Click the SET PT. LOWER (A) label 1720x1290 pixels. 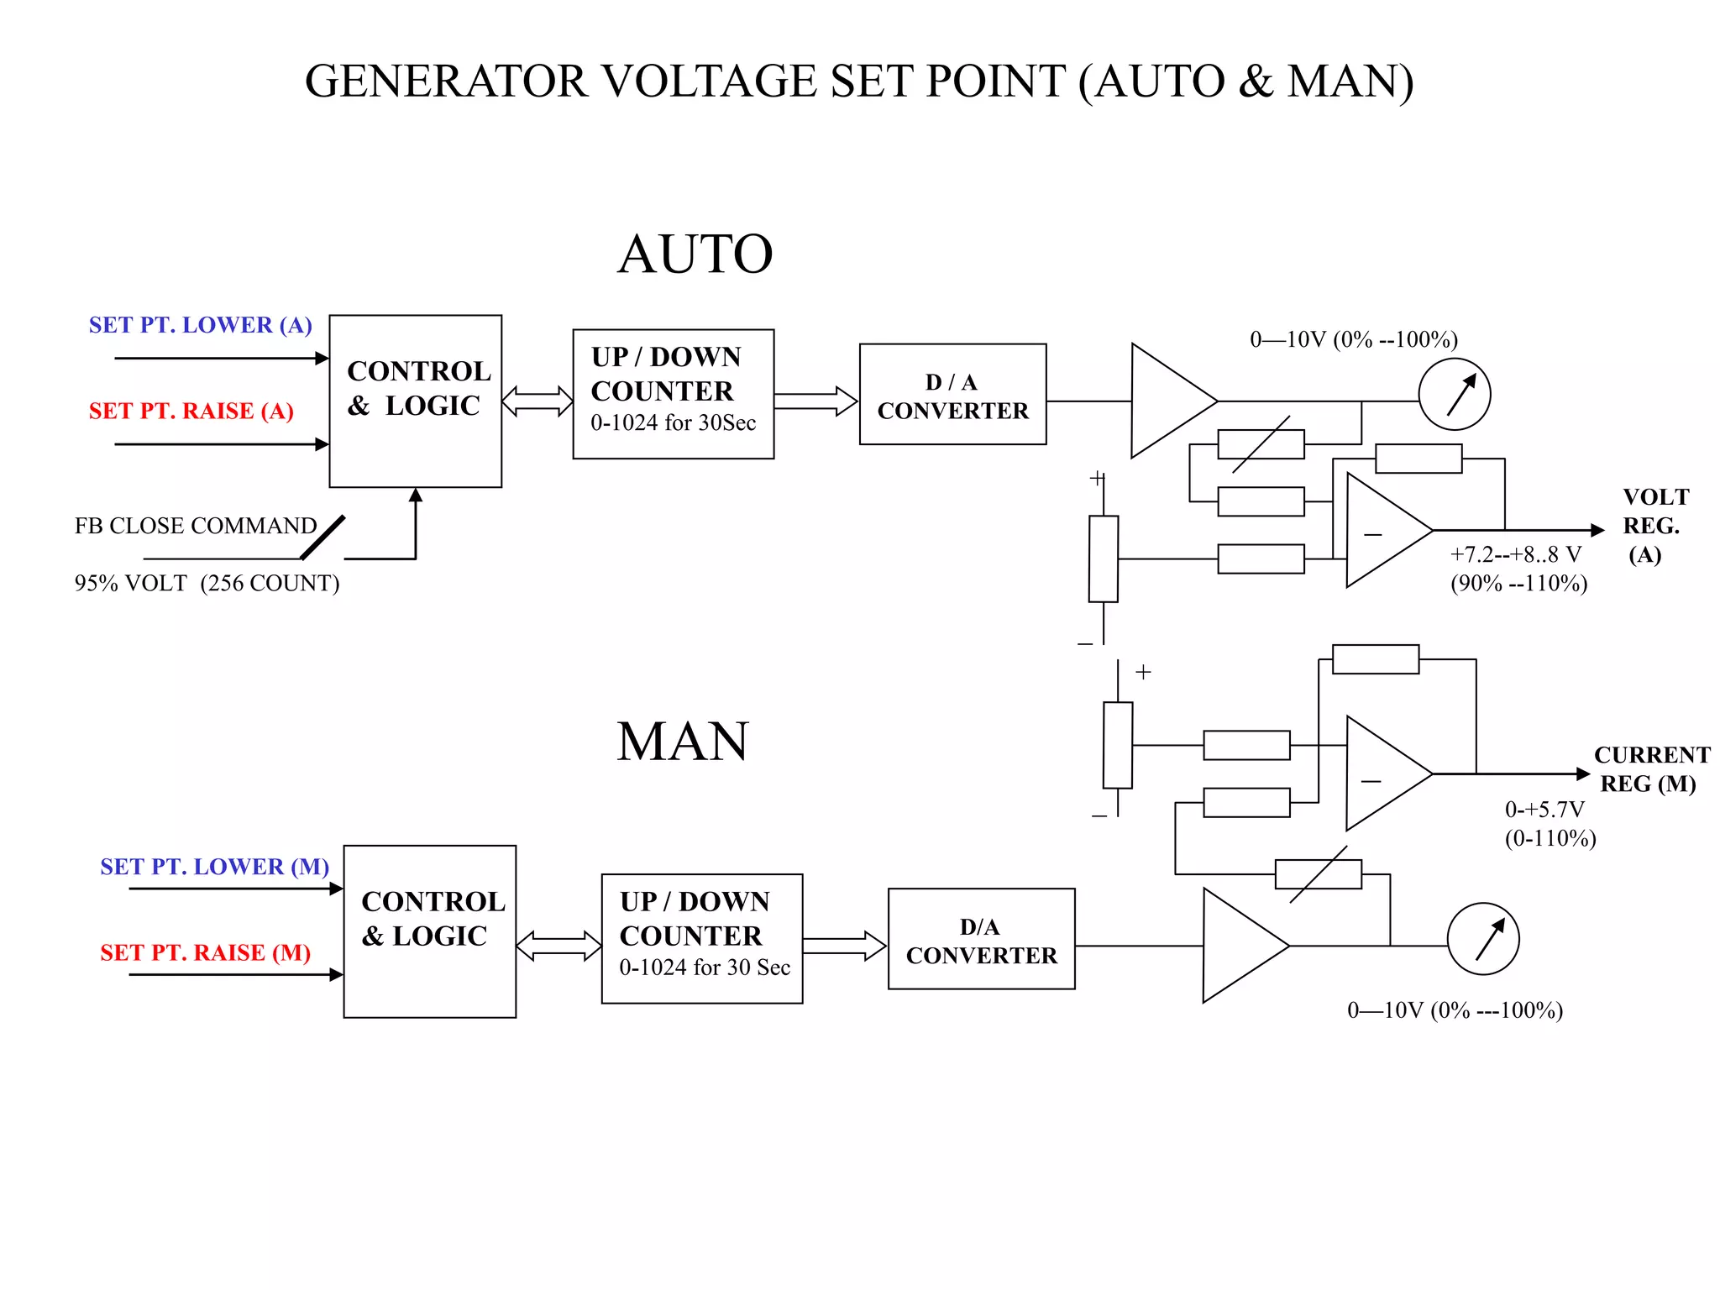[201, 325]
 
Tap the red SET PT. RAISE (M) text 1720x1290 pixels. [205, 952]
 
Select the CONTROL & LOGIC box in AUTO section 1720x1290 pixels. [416, 401]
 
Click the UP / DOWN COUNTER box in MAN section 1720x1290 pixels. [702, 938]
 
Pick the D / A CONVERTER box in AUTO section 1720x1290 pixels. [952, 394]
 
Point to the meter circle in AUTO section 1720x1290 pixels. [1454, 394]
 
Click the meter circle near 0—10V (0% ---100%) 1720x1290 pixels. [1482, 938]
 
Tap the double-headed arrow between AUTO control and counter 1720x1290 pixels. [537, 401]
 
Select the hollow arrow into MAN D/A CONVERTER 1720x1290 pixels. [844, 946]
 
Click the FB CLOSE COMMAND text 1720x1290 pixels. [196, 526]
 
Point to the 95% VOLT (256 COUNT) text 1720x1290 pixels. [207, 583]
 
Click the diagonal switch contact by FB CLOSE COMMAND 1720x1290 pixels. [323, 537]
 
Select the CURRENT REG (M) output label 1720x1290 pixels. [1650, 768]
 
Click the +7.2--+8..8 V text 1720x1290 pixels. [1515, 554]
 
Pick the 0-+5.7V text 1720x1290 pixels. [1544, 810]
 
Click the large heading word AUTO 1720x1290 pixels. [695, 254]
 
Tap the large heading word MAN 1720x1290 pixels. [682, 742]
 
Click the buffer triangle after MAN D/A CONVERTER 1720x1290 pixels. [1239, 946]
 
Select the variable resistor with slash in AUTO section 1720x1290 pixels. [1261, 444]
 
